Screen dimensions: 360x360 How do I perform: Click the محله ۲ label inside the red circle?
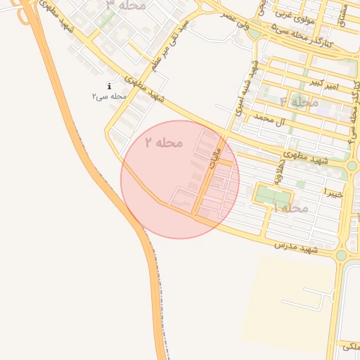(164, 142)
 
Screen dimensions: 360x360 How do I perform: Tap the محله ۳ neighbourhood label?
(127, 5)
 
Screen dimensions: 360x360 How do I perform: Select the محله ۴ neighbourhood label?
(300, 102)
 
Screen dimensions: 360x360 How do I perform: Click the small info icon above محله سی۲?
(109, 86)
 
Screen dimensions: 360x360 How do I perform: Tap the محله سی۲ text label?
(109, 96)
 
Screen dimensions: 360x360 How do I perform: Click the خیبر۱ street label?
(333, 191)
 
